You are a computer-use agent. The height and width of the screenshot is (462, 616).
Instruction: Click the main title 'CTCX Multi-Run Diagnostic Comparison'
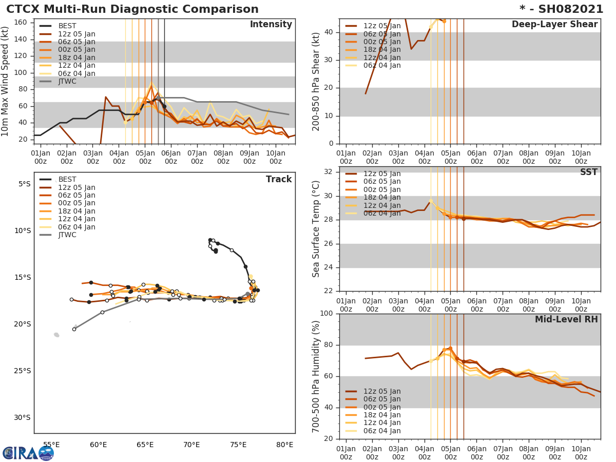click(x=132, y=9)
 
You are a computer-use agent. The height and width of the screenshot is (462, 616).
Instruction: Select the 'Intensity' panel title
click(x=271, y=25)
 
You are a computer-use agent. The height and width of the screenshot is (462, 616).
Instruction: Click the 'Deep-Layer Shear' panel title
click(x=554, y=25)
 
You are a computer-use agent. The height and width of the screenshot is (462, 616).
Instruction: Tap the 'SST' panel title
click(x=588, y=172)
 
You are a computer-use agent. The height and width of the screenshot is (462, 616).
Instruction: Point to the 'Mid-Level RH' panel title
click(x=566, y=319)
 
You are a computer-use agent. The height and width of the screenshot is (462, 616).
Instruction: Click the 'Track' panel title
click(x=279, y=179)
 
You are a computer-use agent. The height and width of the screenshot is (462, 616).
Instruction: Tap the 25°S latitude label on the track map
click(x=21, y=371)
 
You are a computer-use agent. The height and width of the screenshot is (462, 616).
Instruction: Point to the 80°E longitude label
click(x=285, y=445)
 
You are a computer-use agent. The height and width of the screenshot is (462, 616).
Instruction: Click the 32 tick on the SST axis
click(x=329, y=172)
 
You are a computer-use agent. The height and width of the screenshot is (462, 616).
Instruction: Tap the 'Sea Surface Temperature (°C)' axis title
click(x=316, y=229)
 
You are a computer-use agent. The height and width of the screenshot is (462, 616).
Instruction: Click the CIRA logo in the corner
click(x=28, y=452)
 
